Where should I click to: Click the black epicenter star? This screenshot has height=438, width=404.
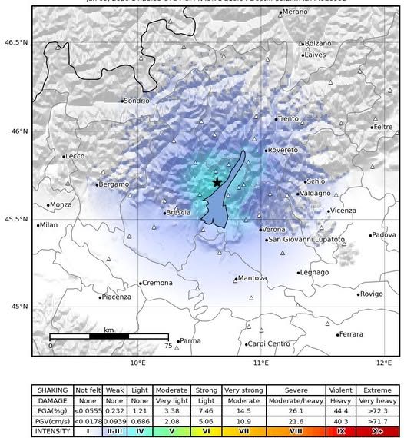pos(217,182)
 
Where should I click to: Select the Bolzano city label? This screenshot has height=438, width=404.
pos(318,44)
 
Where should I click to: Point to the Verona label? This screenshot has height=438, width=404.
pos(273,229)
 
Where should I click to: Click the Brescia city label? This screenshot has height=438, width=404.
pos(178,212)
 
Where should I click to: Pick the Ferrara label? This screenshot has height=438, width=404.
pos(351,334)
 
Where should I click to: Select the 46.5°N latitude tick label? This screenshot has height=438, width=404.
pos(16,42)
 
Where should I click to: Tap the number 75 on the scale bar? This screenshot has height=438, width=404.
pos(167,346)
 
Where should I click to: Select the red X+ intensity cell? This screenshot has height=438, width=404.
pos(377,431)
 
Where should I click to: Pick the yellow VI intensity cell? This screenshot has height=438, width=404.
pos(205,431)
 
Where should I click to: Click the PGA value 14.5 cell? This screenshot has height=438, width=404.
pos(243,411)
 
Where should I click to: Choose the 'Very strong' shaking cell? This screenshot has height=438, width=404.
pos(243,390)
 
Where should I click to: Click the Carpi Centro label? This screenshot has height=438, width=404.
pos(268,343)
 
